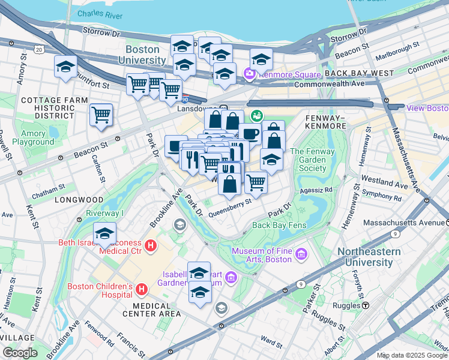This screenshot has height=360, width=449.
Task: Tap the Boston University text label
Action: [142, 55]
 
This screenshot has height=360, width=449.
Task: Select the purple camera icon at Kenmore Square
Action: [249, 74]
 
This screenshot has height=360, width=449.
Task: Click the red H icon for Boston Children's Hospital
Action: [142, 290]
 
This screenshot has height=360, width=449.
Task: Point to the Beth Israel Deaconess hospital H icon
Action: [151, 245]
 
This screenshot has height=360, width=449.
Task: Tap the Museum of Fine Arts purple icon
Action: [301, 255]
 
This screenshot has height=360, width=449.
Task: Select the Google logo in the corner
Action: [20, 353]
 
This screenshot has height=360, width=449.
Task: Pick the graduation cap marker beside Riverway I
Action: [104, 233]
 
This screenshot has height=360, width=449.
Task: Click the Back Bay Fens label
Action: [279, 226]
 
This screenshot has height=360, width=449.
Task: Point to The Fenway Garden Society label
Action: [313, 160]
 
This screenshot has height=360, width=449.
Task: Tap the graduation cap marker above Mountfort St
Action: [65, 67]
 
